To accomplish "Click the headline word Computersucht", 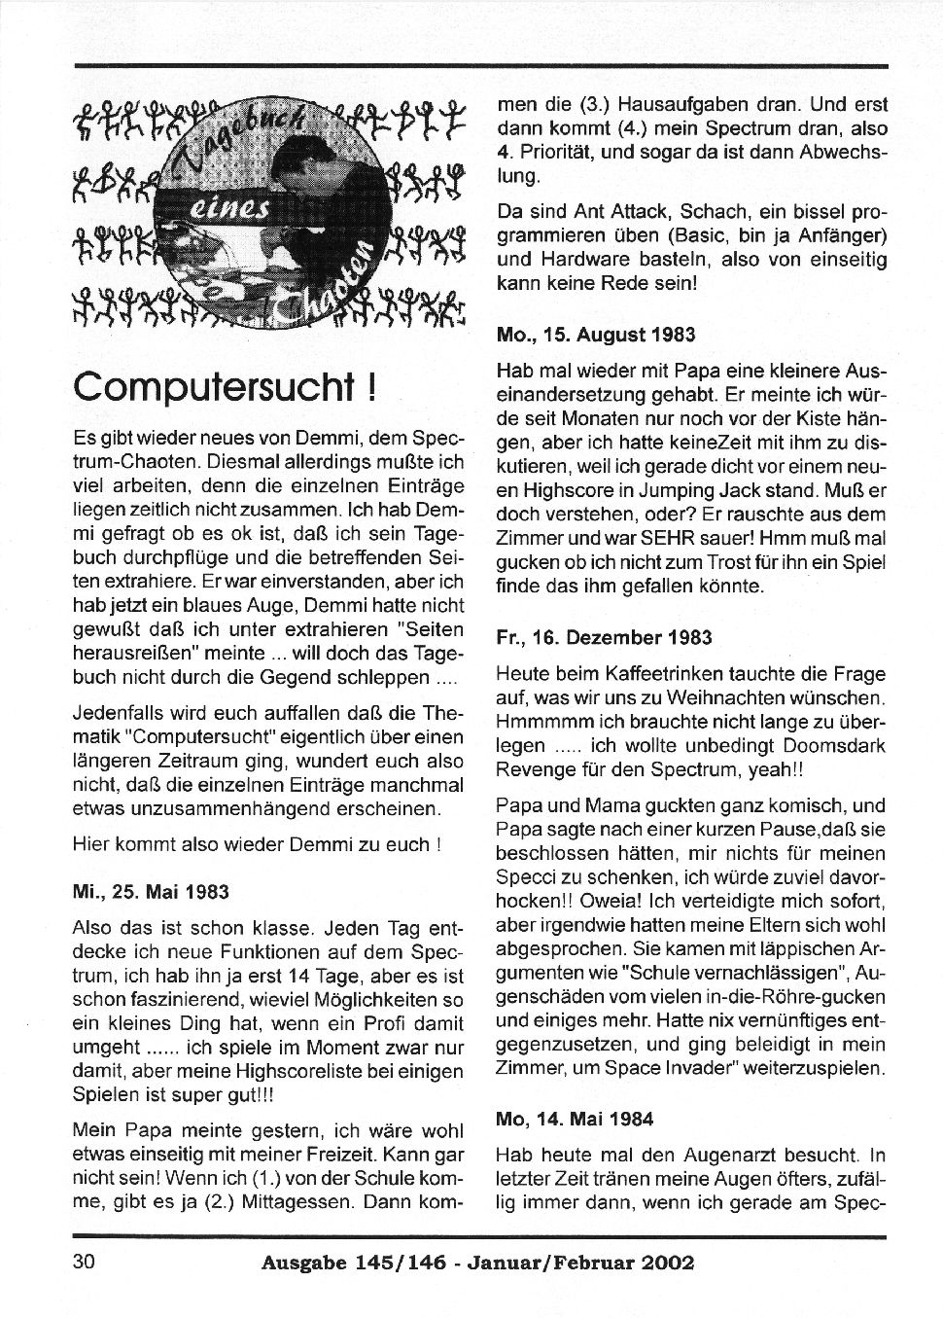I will [x=210, y=387].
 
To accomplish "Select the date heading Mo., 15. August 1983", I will [x=596, y=335].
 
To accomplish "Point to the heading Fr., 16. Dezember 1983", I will [x=604, y=637].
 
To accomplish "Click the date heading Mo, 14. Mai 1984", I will [x=575, y=1119].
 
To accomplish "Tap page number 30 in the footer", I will [x=83, y=1263].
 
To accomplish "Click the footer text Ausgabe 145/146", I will [x=354, y=1264].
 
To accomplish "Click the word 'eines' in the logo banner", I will [x=219, y=209].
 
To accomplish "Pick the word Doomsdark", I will [x=823, y=746].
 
